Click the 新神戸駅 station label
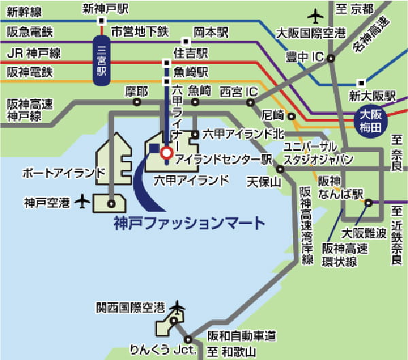tap(105, 8)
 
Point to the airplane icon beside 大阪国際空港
tap(316, 14)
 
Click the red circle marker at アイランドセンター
tap(165, 154)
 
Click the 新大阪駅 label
tap(372, 94)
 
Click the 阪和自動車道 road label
tap(242, 336)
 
